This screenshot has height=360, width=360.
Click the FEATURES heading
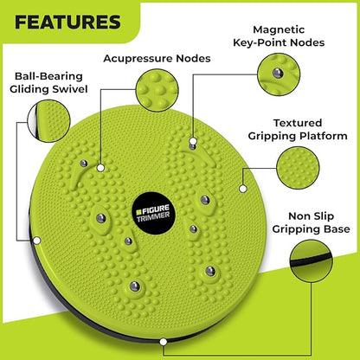tap(67, 22)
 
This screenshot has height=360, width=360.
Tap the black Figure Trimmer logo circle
tap(153, 213)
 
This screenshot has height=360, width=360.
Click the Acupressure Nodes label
tap(157, 59)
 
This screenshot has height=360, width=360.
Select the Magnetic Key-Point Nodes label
tap(279, 36)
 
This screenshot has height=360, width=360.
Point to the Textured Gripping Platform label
tap(298, 130)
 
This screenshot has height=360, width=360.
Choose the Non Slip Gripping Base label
tap(311, 222)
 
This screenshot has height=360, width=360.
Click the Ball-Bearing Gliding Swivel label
tap(48, 82)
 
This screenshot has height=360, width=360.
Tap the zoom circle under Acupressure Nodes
tap(157, 90)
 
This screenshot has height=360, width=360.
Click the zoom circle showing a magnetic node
tap(279, 74)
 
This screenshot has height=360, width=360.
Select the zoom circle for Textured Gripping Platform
tap(298, 168)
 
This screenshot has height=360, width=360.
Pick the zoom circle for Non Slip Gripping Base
tap(312, 261)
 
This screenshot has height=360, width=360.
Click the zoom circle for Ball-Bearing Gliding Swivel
tap(48, 121)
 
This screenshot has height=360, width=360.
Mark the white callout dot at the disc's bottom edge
tap(164, 342)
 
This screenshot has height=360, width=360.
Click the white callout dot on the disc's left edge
tap(37, 241)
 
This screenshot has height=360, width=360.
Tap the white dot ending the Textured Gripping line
tap(243, 189)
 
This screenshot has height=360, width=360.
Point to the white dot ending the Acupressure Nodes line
tap(100, 168)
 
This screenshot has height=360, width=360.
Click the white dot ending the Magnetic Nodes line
tap(193, 141)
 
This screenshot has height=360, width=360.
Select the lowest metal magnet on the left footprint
tap(135, 286)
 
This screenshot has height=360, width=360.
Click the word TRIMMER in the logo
tap(153, 216)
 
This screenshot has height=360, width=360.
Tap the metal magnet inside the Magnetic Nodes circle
tap(278, 74)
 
